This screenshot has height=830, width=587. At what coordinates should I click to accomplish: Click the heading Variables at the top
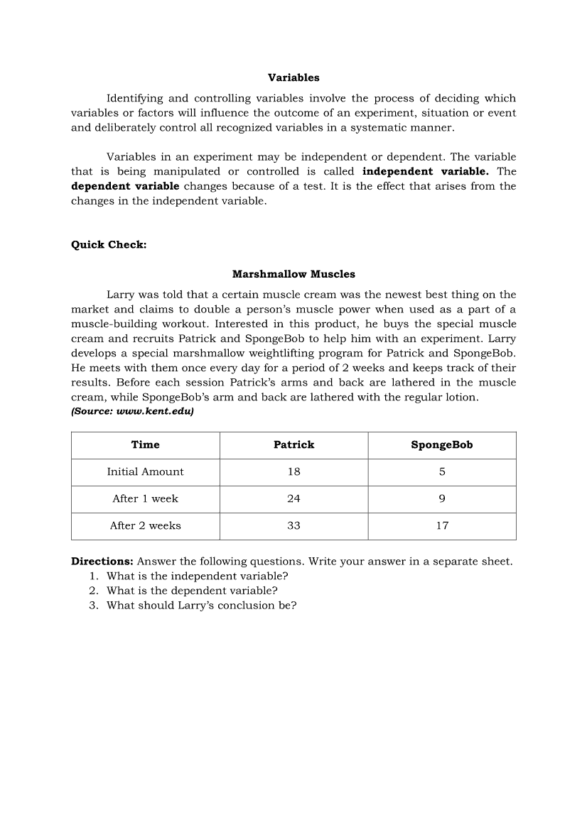point(293,77)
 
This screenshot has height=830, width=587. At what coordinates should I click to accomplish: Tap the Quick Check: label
point(109,245)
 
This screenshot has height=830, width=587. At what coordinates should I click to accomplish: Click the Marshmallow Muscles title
point(293,274)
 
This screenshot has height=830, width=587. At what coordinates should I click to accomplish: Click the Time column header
point(146,445)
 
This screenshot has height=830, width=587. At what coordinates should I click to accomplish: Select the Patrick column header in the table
point(293,445)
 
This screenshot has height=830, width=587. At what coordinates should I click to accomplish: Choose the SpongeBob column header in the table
point(441,445)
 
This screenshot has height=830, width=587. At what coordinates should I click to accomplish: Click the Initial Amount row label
point(145,472)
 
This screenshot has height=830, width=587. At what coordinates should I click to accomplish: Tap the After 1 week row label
point(145,499)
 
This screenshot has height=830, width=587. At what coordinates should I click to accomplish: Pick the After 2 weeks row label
point(145,526)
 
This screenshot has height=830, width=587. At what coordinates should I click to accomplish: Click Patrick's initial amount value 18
point(293,472)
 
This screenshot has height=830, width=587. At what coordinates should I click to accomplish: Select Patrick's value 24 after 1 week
point(293,499)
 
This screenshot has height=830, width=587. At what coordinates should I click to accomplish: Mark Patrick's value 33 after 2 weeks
point(293,526)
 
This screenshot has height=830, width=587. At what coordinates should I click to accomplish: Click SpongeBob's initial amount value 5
point(442,472)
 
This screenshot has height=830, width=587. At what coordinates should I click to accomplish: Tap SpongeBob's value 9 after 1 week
point(442,499)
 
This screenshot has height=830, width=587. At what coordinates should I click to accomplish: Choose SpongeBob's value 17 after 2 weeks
point(442,526)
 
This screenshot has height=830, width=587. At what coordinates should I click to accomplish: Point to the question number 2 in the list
point(93,591)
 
